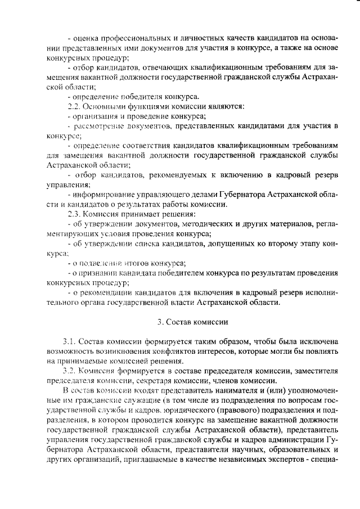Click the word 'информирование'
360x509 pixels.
105,194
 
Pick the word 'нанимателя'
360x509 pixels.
218,390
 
